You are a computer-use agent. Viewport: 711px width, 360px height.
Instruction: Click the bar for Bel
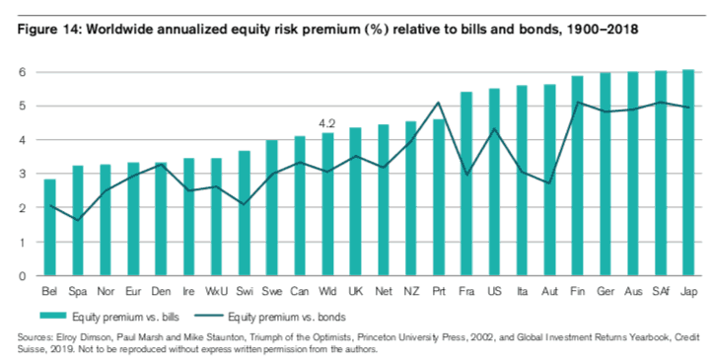click(49, 227)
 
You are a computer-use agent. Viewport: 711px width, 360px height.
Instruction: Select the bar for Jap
click(688, 173)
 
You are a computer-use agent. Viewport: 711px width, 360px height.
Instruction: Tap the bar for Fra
click(466, 183)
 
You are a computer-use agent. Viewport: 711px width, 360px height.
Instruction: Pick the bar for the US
click(494, 181)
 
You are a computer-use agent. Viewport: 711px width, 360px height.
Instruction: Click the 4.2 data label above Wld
click(327, 123)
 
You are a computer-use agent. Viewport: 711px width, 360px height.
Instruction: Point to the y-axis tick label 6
click(23, 73)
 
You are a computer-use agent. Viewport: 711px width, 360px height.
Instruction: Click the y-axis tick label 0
click(23, 275)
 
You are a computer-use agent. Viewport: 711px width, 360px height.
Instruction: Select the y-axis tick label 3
click(23, 175)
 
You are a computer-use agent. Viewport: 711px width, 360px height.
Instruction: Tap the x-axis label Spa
click(78, 292)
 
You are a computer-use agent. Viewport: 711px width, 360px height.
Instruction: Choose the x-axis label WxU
click(216, 291)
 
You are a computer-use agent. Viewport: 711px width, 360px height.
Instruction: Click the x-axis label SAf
click(661, 291)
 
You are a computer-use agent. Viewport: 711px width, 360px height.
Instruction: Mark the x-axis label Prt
click(439, 291)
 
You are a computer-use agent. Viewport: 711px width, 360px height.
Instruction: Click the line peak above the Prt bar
click(439, 103)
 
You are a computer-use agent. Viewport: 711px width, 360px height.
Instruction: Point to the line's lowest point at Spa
click(78, 220)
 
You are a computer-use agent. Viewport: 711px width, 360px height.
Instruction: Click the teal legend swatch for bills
click(53, 316)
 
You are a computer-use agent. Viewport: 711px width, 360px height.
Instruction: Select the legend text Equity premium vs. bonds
click(287, 317)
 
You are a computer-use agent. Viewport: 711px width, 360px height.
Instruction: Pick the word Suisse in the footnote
click(29, 349)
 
